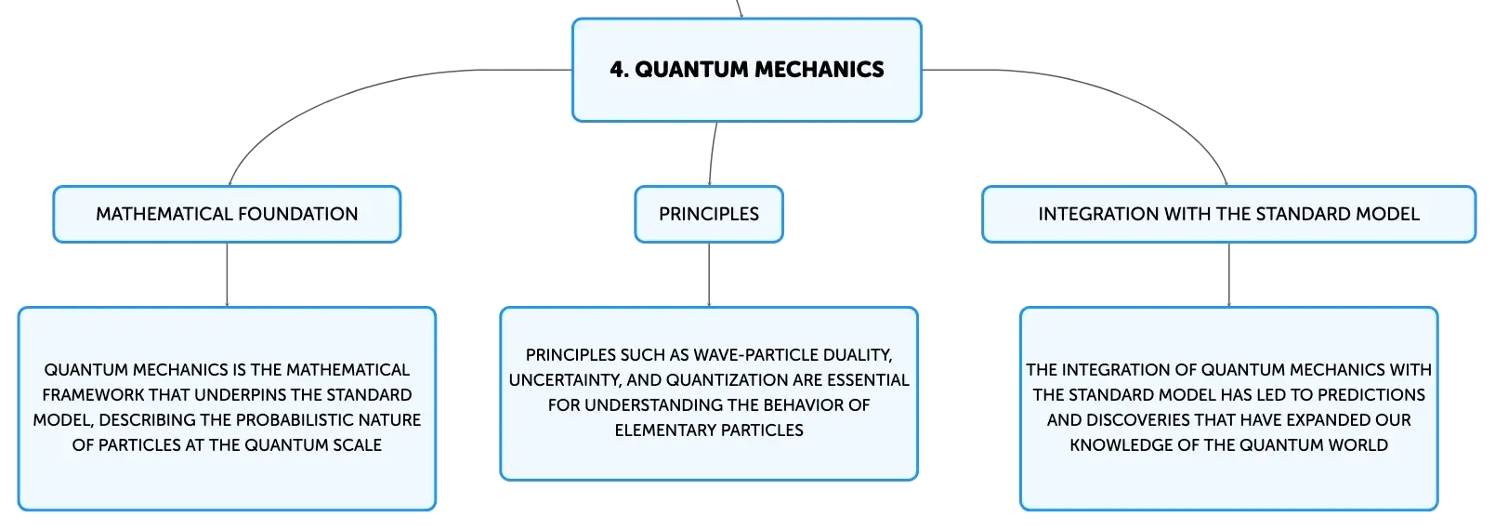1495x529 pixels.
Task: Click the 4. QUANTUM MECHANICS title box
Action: pos(747,70)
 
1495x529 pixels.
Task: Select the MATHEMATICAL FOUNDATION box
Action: pos(227,215)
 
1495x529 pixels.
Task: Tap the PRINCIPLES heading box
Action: pos(709,215)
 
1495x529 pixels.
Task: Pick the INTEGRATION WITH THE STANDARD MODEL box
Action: pos(1228,215)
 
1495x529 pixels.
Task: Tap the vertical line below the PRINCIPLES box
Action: pos(709,274)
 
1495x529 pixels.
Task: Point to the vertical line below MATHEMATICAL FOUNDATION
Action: pos(227,274)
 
